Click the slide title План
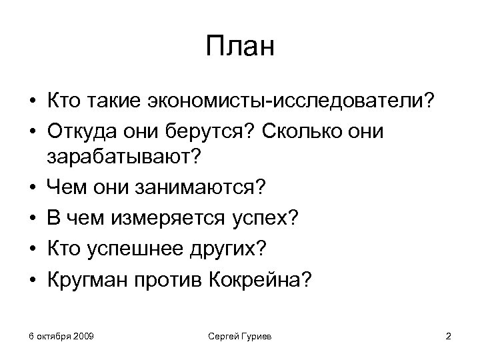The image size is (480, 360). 240,48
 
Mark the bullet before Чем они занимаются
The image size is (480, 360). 31,188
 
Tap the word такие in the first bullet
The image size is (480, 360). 115,102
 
